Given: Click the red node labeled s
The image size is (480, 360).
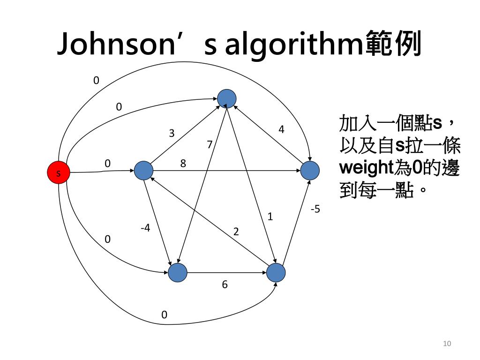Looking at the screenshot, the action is click(x=59, y=173).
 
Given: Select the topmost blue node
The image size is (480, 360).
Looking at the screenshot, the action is click(x=227, y=98).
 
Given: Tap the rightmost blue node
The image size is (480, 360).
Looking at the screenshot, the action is click(x=310, y=171).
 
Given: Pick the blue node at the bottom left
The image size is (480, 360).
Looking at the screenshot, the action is click(x=178, y=272).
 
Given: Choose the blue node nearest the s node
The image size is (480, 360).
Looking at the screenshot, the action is click(x=143, y=171).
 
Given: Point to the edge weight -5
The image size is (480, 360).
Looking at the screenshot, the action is click(x=315, y=209).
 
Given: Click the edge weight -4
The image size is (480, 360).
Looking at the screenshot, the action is click(x=145, y=228).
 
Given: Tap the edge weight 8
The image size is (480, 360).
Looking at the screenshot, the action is click(x=183, y=164).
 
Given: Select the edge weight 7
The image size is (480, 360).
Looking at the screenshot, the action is click(x=210, y=145).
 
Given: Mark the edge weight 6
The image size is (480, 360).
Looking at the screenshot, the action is click(x=225, y=285).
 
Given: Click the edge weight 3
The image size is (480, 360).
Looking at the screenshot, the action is click(x=172, y=134).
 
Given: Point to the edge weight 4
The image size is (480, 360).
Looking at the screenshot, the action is click(x=281, y=129).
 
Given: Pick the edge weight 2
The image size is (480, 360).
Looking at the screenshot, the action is click(x=236, y=231).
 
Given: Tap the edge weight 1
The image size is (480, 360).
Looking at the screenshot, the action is click(x=270, y=217).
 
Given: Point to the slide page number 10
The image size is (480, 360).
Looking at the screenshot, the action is click(x=447, y=344).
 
